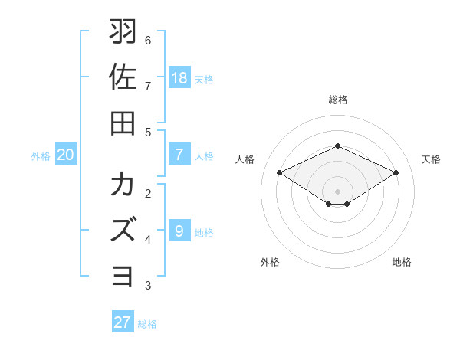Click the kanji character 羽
pos(123,33)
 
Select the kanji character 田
pos(123,122)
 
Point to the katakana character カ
pos(123,186)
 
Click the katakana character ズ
pos(123,230)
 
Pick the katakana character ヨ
pos(123,274)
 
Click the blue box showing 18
pos(179,77)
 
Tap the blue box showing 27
pos(123,322)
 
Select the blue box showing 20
pos(66,155)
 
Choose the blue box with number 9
pos(179,231)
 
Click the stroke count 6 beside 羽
pos(148,40)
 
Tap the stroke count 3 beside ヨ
pos(148,286)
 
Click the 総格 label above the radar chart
pos(337,100)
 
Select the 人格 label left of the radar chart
pos(245,159)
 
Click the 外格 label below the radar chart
pos(270,262)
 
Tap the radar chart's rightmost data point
pos(396,173)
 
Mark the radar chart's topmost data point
pos(337,146)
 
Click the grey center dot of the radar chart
pos(337,191)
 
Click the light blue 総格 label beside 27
pos(147,324)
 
